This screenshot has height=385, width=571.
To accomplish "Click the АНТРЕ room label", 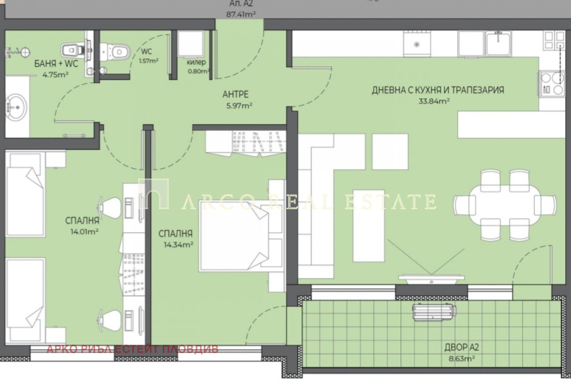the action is pos(235,94).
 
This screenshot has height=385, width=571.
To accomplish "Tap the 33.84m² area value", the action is pos(434,101).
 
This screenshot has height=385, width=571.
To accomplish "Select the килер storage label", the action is pos(196,62).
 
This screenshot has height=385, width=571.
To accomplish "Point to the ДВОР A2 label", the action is pos(462,347).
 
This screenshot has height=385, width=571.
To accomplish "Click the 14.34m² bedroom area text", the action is pos(178,245).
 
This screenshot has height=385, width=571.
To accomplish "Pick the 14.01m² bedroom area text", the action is pos(84,232).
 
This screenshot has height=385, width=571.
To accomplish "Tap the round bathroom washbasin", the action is pos(16,107).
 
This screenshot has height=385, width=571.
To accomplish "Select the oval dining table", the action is pos(505,205).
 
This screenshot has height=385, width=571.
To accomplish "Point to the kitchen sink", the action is pos(498,43).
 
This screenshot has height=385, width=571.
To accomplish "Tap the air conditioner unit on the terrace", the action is pos(434,312).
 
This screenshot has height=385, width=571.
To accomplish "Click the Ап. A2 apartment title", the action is pos(241,4).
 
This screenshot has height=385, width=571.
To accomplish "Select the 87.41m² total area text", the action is pos(241,14).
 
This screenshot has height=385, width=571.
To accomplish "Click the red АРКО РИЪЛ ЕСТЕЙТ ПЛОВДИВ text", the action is pos(132,349).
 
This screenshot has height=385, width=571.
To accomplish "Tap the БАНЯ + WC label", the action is pos(56,64).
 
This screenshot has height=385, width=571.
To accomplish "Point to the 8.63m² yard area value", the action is pos(462,359).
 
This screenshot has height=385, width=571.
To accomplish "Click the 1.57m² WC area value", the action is pos(148,61).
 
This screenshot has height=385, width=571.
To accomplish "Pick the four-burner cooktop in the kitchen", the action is pos(552,84).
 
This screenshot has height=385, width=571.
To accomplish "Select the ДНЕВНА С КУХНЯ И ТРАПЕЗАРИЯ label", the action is pos(438,90).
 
